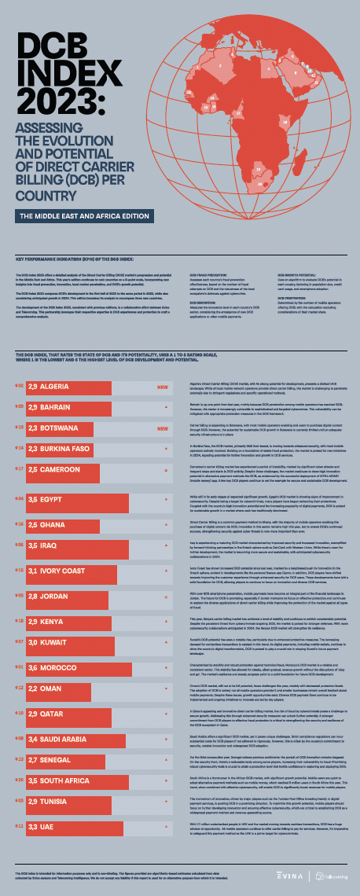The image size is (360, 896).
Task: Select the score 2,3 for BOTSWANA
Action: coord(32,429)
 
